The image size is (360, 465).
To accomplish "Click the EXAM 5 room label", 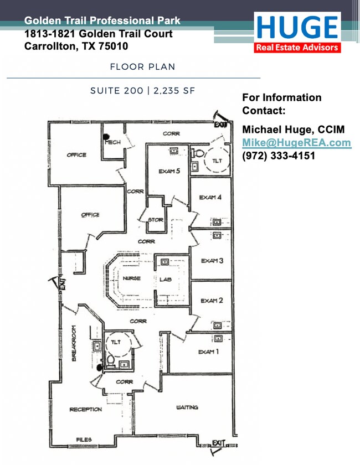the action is pyautogui.click(x=169, y=171).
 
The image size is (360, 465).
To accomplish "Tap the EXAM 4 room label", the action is pyautogui.click(x=210, y=197).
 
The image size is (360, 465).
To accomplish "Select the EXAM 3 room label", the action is pyautogui.click(x=212, y=261).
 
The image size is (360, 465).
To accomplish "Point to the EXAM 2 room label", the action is pyautogui.click(x=212, y=301).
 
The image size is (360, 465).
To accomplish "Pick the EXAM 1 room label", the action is pyautogui.click(x=209, y=352).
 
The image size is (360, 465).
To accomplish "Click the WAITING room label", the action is pyautogui.click(x=187, y=407).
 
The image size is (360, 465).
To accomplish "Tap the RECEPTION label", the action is pyautogui.click(x=86, y=410).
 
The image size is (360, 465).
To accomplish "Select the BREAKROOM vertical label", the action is pyautogui.click(x=74, y=343).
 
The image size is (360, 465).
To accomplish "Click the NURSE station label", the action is pyautogui.click(x=131, y=278).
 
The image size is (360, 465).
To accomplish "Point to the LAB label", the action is pyautogui.click(x=165, y=280).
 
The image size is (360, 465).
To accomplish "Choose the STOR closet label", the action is pyautogui.click(x=156, y=220).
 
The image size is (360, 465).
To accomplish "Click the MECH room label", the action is pyautogui.click(x=113, y=142).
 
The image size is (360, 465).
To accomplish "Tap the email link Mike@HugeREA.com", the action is pyautogui.click(x=296, y=143).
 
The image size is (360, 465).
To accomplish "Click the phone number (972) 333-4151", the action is pyautogui.click(x=279, y=156).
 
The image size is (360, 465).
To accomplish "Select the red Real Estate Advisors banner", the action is pyautogui.click(x=297, y=48).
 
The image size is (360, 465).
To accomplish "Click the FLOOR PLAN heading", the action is pyautogui.click(x=142, y=67).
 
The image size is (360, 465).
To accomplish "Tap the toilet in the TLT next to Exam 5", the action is pyautogui.click(x=198, y=153).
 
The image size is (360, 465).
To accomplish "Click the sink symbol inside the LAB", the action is pyautogui.click(x=164, y=262).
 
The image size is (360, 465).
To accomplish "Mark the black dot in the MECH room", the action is pyautogui.click(x=106, y=137).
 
